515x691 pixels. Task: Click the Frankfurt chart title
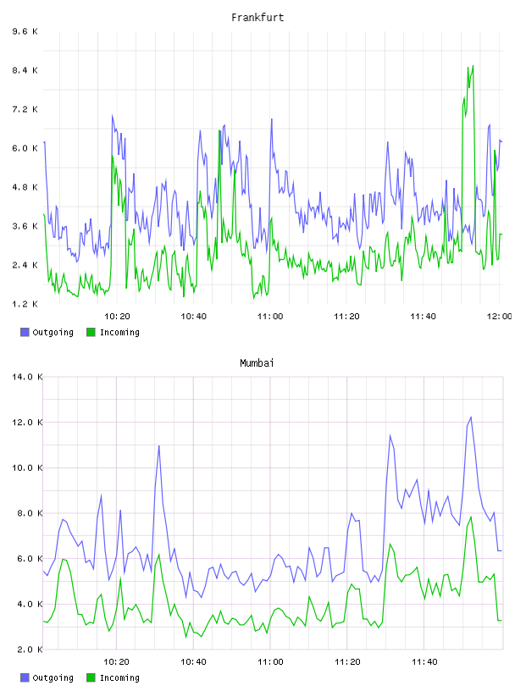click(257, 18)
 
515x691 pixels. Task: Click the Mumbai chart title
click(257, 363)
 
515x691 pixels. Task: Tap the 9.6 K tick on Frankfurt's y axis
click(25, 31)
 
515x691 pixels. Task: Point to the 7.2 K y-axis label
click(25, 109)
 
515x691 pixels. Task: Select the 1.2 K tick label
click(25, 304)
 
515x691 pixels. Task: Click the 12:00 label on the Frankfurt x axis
click(499, 317)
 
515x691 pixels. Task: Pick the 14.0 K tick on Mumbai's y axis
click(27, 377)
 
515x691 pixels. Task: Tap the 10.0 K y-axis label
click(27, 467)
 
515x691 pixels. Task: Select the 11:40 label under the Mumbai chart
click(424, 662)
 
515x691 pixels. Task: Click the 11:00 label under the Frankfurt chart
click(270, 317)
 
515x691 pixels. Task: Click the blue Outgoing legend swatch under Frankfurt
click(25, 332)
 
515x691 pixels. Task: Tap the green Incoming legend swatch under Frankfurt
click(91, 332)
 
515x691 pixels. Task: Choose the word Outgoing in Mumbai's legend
click(53, 677)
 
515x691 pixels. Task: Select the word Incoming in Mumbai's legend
click(119, 677)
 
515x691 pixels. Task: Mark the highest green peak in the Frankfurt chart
click(473, 66)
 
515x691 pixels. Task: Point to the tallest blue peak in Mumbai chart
click(471, 417)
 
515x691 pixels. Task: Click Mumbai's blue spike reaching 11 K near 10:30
click(158, 446)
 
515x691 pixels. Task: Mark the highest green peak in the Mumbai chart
click(471, 517)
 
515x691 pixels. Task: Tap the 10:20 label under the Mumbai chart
click(116, 662)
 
